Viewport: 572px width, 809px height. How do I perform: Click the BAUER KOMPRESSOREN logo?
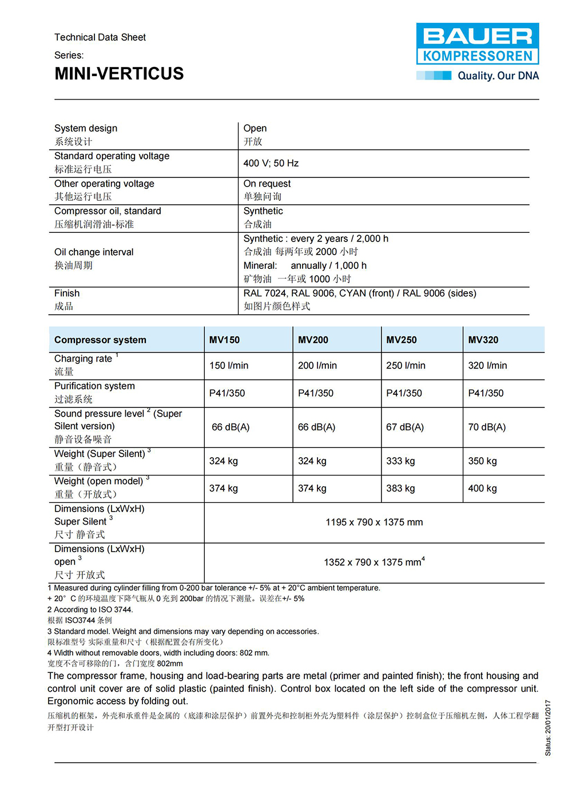477,43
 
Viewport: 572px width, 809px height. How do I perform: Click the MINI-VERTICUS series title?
119,74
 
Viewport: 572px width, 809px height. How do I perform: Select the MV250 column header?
402,340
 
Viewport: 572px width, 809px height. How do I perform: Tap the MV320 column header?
483,340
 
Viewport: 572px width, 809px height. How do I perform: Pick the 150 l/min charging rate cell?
229,366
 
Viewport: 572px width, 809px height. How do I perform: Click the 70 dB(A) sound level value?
487,427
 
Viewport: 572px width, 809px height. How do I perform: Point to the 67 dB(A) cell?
405,427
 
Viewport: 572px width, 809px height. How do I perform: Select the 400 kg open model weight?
482,489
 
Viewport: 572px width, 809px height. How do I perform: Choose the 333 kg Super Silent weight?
400,461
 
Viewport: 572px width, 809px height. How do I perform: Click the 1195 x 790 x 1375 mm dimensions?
374,522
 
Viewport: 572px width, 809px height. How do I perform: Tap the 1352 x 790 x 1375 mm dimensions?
374,562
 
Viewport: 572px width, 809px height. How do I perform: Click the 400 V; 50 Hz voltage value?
271,164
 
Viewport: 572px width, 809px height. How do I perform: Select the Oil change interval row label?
94,252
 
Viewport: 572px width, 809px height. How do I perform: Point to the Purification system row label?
94,386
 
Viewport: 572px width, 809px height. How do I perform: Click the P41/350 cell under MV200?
316,393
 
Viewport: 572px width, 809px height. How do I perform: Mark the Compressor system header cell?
100,340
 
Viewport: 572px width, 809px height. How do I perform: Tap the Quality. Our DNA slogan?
498,76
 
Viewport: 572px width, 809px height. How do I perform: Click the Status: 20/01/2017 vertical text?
547,728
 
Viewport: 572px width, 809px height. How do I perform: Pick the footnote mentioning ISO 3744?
90,610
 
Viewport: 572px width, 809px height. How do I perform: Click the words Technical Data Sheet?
100,38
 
